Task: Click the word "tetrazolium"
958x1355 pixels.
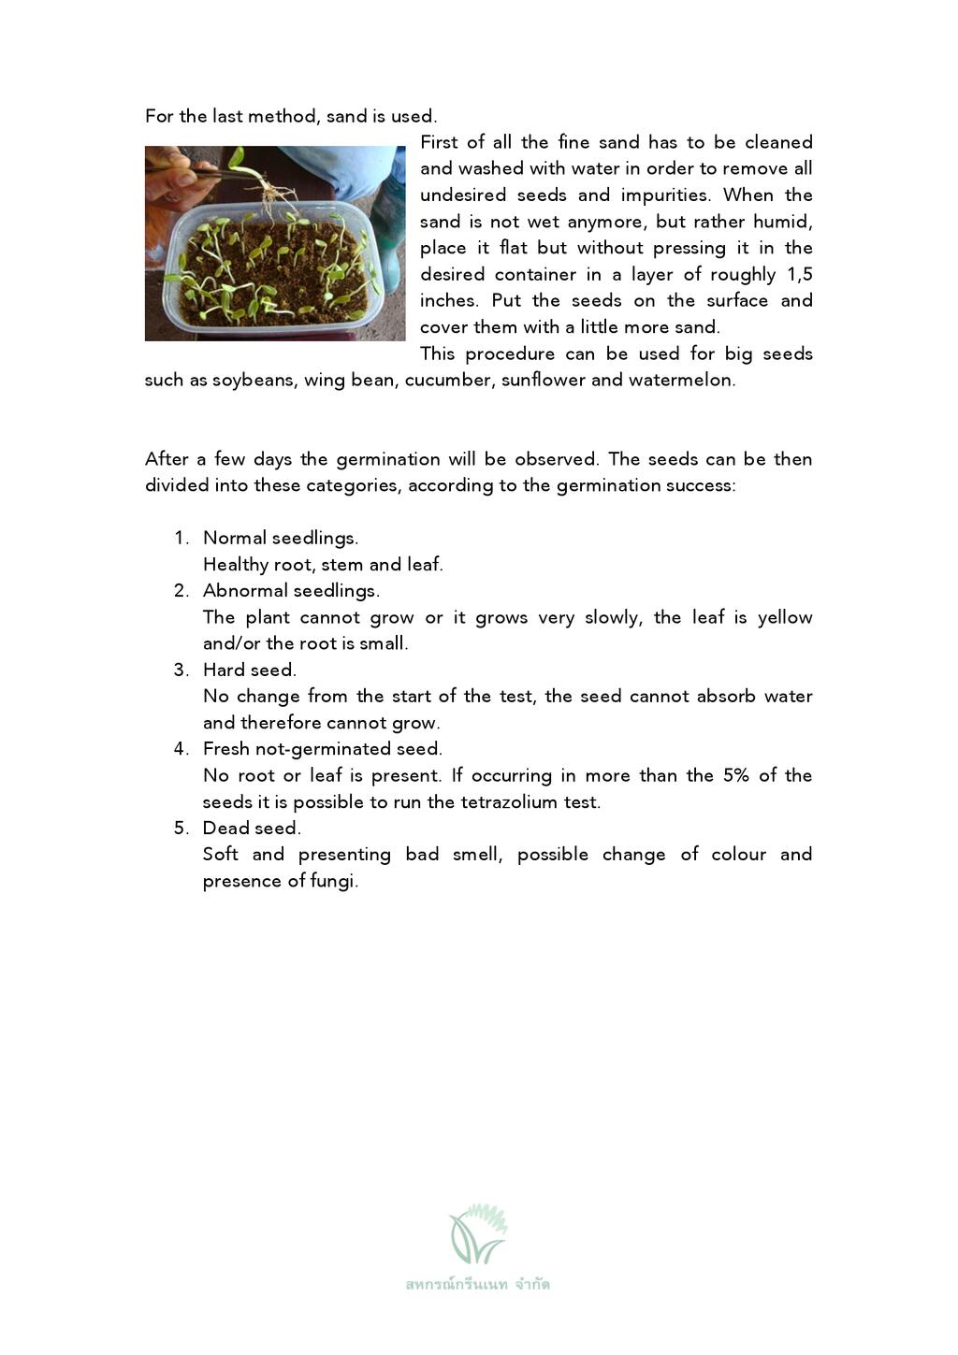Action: (x=509, y=802)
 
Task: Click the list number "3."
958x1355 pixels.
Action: (x=181, y=670)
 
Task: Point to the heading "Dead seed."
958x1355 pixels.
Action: (x=252, y=829)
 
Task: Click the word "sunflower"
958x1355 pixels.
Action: (x=543, y=381)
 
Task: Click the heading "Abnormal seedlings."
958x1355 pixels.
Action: (x=291, y=591)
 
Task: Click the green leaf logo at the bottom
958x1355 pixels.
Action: (x=478, y=1234)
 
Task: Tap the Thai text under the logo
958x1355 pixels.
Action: (x=478, y=1285)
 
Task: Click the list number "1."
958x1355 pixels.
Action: (x=181, y=539)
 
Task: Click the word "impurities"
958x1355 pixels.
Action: (x=663, y=195)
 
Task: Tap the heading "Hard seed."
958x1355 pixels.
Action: (x=249, y=670)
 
